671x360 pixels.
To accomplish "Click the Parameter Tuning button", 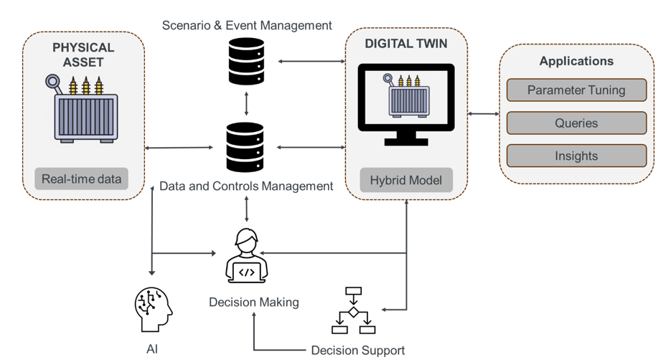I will coord(576,90).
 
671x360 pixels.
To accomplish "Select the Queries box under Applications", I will coord(576,123).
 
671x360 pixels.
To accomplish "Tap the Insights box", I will coord(576,156).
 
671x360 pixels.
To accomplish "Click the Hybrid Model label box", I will coord(406,180).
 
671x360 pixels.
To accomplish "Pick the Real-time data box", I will coord(81,179).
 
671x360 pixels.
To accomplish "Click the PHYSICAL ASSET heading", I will coord(83,55).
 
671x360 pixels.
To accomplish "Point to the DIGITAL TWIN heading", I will coord(406,44).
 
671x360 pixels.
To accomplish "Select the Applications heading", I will coord(576,61).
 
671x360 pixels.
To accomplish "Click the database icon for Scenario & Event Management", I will coord(246,61).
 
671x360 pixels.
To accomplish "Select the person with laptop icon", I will coord(247,256).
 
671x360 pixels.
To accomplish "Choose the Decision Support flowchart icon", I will coord(354,311).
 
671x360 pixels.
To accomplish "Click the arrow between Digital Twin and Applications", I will coord(484,113).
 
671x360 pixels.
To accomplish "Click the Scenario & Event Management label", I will coord(247,26).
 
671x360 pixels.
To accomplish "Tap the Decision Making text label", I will coord(254,302).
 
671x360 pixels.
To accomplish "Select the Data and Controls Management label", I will coord(246,186).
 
